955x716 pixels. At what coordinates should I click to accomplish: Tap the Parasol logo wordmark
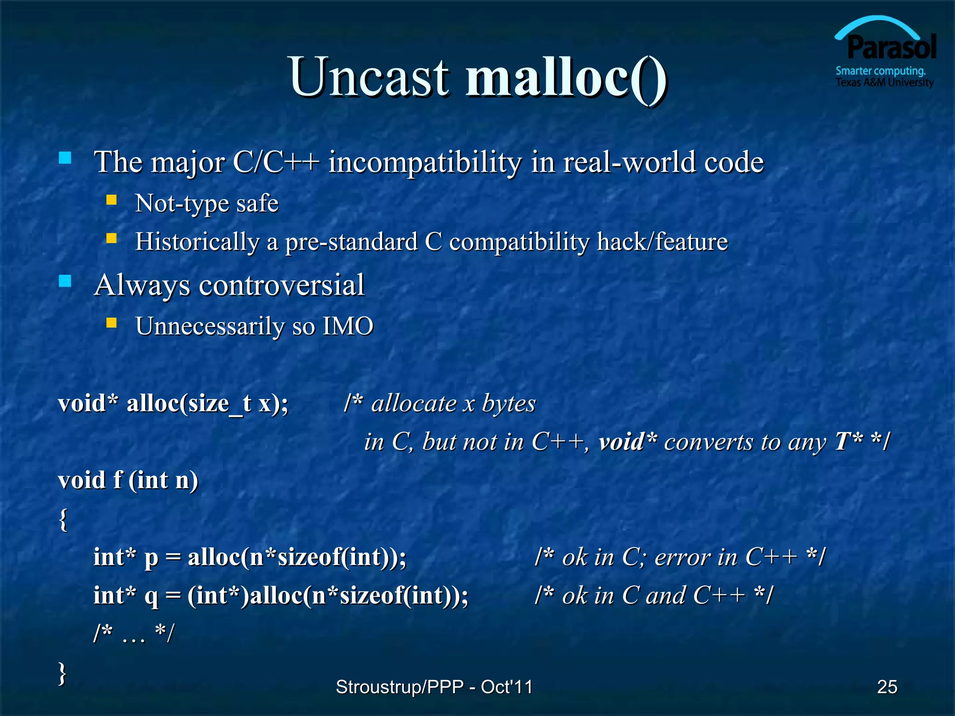[891, 48]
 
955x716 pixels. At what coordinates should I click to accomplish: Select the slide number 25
[887, 687]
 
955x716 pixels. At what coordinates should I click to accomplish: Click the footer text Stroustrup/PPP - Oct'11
[434, 687]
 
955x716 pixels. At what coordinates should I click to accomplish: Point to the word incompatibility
[425, 163]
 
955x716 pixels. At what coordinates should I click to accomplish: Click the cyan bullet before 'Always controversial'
[65, 281]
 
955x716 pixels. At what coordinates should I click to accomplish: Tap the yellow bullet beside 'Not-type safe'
[111, 200]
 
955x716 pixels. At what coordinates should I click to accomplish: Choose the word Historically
[197, 242]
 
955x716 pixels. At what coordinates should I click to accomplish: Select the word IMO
[348, 326]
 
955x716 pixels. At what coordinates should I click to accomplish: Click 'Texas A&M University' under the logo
[885, 83]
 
